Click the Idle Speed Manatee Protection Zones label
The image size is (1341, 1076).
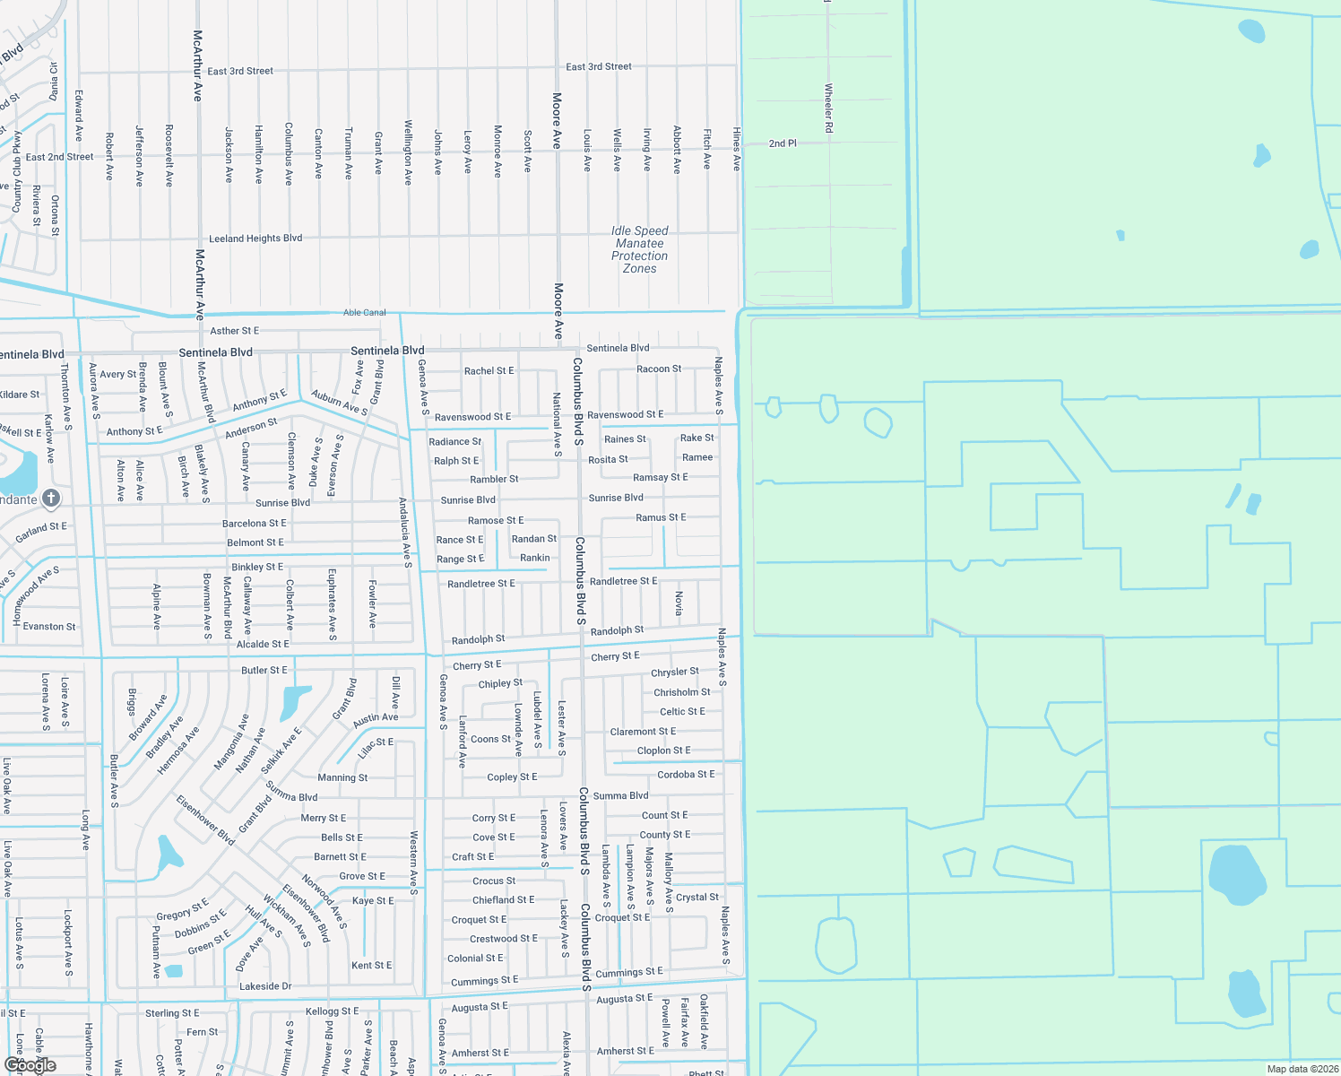(x=639, y=249)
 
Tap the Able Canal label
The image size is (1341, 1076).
(x=364, y=313)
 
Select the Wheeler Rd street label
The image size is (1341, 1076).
(x=828, y=108)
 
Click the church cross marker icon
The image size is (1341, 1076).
(x=51, y=498)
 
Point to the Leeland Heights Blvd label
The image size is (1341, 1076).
(x=255, y=239)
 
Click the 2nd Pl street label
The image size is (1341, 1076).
(x=783, y=143)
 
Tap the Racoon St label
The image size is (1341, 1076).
(x=659, y=369)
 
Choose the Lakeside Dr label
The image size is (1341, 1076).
(x=265, y=986)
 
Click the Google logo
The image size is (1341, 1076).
(x=30, y=1064)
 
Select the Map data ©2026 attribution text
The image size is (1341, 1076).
(x=1302, y=1069)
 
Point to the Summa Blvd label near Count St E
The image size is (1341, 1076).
(x=620, y=795)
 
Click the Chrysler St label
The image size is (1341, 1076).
(x=674, y=672)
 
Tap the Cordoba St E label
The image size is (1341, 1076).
(x=686, y=774)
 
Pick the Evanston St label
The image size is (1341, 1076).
(x=49, y=627)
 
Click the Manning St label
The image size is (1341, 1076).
(x=342, y=777)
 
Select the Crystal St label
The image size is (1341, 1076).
(x=696, y=897)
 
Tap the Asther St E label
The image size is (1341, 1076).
(x=234, y=331)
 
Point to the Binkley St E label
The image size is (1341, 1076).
(x=257, y=567)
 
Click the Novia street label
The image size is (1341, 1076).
(x=679, y=603)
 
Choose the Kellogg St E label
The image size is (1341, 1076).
(x=332, y=1011)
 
